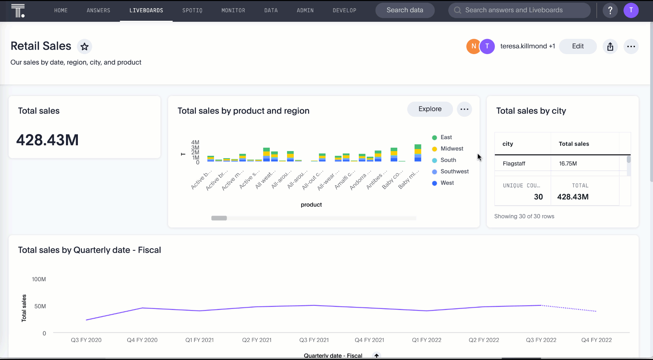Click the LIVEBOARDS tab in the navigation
click(146, 11)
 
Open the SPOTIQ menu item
click(192, 11)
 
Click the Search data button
click(405, 10)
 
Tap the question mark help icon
click(610, 11)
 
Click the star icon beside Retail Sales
click(84, 47)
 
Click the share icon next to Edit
click(610, 47)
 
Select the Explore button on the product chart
click(430, 109)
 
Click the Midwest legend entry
click(452, 149)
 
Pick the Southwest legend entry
click(454, 171)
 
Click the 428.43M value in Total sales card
click(48, 140)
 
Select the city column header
click(508, 144)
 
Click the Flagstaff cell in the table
click(514, 164)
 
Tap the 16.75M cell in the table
click(568, 164)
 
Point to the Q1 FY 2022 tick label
click(426, 340)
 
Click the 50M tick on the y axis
click(40, 306)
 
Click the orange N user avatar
click(473, 46)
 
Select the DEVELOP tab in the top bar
click(345, 11)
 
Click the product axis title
click(311, 204)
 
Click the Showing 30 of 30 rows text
click(524, 216)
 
